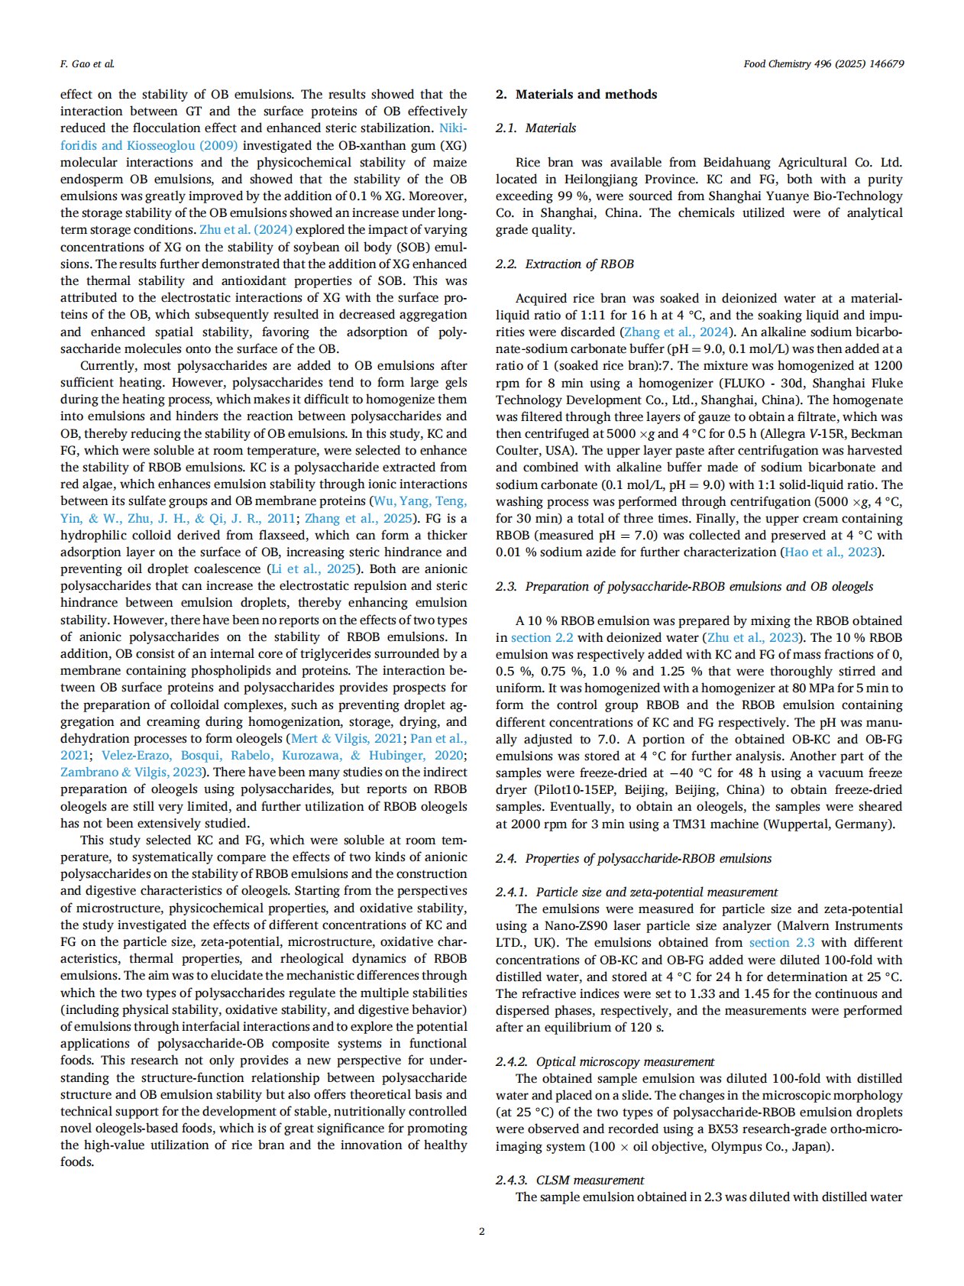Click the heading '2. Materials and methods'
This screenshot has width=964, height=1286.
[576, 95]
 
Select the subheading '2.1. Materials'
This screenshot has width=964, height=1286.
[535, 128]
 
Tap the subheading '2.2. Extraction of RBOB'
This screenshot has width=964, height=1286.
[564, 264]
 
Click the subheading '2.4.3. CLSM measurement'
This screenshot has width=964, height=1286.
[569, 1180]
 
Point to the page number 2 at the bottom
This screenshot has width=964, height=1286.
[481, 1231]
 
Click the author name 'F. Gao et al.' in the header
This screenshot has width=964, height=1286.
[87, 64]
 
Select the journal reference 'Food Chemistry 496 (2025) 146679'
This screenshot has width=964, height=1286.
[823, 64]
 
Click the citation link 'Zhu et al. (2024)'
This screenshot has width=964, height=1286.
[246, 230]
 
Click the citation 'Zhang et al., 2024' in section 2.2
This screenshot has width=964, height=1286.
[675, 332]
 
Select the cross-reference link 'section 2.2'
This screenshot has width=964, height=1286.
[542, 638]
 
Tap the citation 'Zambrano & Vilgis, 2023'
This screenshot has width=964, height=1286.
[131, 773]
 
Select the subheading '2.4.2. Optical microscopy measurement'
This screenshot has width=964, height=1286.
[605, 1061]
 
